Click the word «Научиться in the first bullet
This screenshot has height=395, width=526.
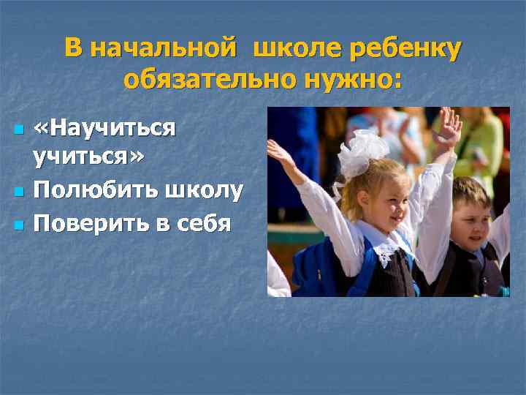pos(104,129)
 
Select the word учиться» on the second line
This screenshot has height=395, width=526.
pos(88,157)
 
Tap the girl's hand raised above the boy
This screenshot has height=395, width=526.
pos(446,128)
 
